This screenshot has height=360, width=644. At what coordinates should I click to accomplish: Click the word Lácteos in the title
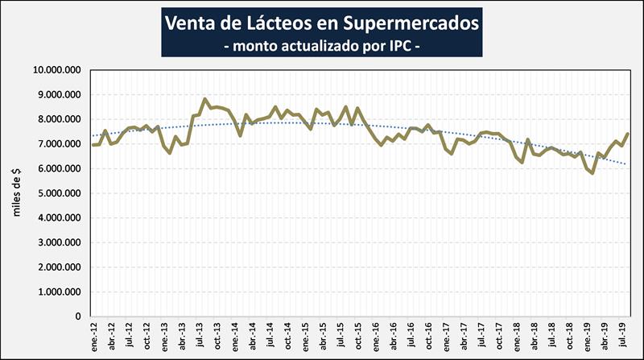pyautogui.click(x=263, y=23)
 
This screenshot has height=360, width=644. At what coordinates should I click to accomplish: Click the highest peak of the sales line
pyautogui.click(x=205, y=99)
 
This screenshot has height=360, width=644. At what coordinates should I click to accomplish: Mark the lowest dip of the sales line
pyautogui.click(x=592, y=173)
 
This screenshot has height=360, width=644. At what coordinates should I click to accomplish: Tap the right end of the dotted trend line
pyautogui.click(x=627, y=164)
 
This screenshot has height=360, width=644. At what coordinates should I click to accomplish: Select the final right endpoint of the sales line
pyautogui.click(x=627, y=134)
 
